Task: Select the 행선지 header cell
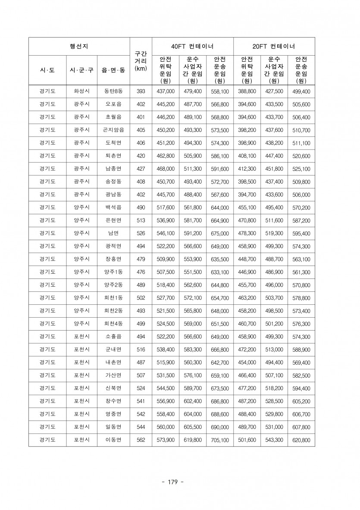[x=79, y=46]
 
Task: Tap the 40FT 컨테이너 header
[x=192, y=46]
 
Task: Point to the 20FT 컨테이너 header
[x=274, y=46]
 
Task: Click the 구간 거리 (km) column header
[x=141, y=61]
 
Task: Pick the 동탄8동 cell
[x=113, y=91]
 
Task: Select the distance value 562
[x=141, y=440]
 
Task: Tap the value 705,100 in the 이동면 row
[x=219, y=440]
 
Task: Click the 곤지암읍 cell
[x=113, y=130]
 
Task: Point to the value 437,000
[x=166, y=91]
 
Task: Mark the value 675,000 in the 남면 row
[x=219, y=234]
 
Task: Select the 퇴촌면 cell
[x=113, y=156]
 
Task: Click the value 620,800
[x=301, y=440]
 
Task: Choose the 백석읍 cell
[x=113, y=208]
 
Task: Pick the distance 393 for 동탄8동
[x=141, y=91]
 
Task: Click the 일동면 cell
[x=113, y=427]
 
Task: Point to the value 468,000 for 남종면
[x=166, y=169]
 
